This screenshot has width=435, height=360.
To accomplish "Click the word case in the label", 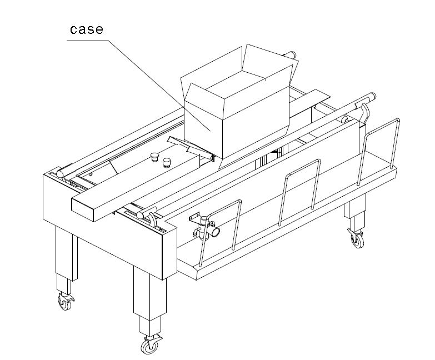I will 86,29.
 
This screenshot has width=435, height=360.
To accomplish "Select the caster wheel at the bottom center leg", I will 148,345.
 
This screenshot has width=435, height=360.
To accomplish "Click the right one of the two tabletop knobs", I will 166,162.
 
